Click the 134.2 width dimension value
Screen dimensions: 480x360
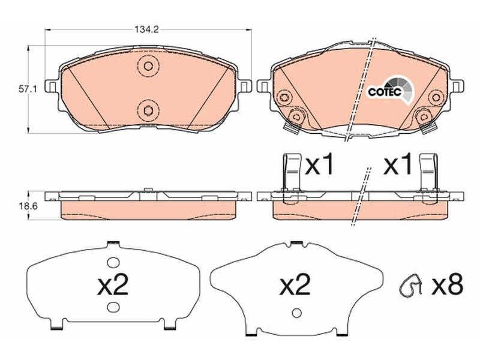click(x=146, y=29)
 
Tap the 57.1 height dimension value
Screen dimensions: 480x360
click(x=28, y=89)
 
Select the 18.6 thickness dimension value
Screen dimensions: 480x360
click(x=28, y=206)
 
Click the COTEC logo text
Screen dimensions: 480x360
click(x=385, y=92)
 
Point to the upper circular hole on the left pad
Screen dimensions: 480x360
click(x=148, y=66)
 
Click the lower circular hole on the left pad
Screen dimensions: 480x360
click(x=148, y=110)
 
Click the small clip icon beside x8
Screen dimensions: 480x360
click(x=410, y=286)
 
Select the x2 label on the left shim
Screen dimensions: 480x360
click(x=113, y=284)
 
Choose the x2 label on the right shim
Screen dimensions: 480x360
click(x=295, y=284)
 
